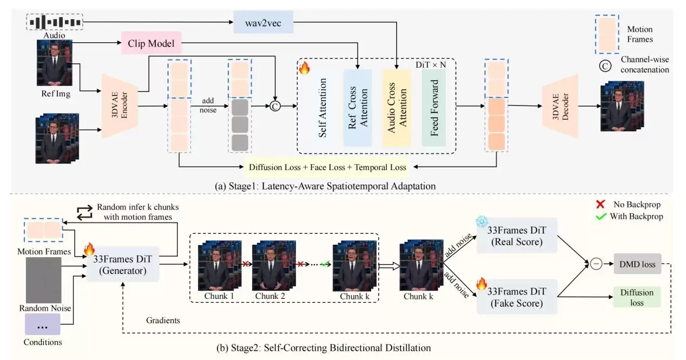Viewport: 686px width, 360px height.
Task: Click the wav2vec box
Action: coord(263,22)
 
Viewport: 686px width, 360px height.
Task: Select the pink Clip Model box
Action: coord(151,42)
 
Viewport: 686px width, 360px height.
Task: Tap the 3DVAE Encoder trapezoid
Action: coord(118,105)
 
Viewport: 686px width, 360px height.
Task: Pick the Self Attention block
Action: coord(322,107)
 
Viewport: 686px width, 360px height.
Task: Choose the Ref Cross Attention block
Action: coord(358,107)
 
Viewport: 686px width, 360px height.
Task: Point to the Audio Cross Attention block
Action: coord(397,107)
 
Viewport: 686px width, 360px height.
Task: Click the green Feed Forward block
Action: coord(433,107)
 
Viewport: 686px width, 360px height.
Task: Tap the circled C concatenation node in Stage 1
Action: coord(275,106)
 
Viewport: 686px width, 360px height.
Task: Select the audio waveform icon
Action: coord(55,22)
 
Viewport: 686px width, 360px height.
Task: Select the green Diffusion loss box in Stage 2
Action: coord(637,297)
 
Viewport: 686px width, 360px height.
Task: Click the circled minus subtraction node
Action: coord(596,264)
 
